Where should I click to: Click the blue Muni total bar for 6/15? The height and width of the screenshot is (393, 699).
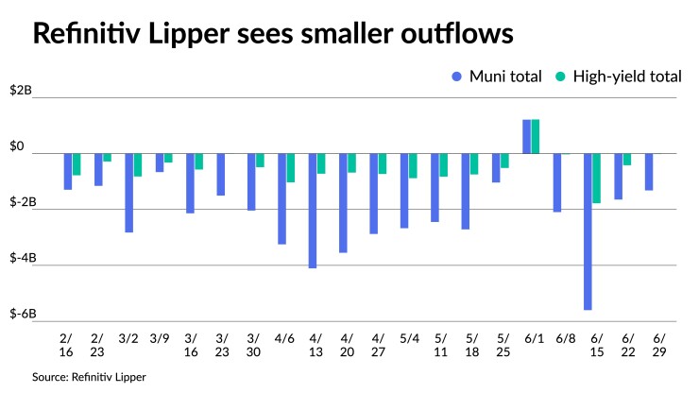[x=588, y=231]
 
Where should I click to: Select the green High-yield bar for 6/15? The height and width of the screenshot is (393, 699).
[x=597, y=179]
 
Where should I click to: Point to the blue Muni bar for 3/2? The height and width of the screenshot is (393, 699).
[x=129, y=193]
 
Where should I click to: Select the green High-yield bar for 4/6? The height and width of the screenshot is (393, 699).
[x=291, y=168]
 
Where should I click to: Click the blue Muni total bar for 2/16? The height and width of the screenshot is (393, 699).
[x=68, y=172]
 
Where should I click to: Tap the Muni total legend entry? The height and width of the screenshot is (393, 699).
[x=500, y=77]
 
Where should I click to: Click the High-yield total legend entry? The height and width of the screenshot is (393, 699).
[x=620, y=77]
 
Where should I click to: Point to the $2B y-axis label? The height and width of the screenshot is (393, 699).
[x=21, y=92]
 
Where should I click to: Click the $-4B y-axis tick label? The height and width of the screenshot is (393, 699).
[x=23, y=258]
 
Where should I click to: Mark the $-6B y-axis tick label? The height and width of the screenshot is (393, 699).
[x=23, y=314]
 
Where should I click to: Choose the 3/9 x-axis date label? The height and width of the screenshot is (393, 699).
[x=160, y=337]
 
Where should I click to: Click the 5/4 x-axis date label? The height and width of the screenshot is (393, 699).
[x=409, y=337]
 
